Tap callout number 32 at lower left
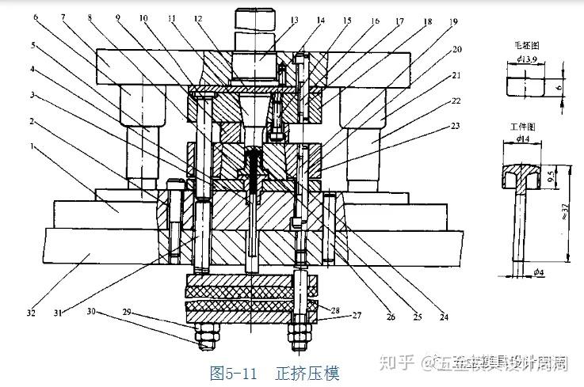coord(31,313)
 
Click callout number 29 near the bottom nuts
coord(129,313)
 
